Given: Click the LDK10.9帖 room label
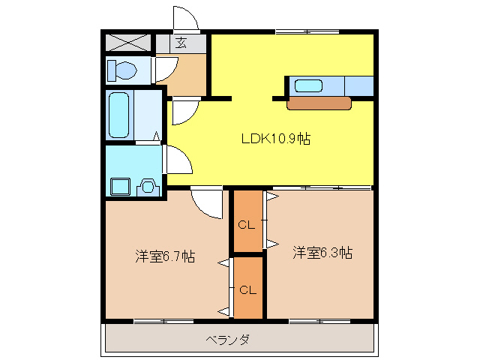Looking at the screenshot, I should point(276,139).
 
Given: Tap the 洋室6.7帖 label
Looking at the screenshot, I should point(165,256).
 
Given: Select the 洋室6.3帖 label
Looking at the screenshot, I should point(322,253).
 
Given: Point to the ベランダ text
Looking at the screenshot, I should point(227,340).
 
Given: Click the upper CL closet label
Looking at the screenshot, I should point(247,224).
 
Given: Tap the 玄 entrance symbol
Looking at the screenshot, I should point(182,43).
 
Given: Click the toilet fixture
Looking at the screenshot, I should point(122,71).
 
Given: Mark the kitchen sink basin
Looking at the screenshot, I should point(307,85).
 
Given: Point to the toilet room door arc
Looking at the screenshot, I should point(165,69).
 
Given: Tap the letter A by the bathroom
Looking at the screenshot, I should point(156,136).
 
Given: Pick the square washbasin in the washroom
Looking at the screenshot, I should point(118,185).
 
